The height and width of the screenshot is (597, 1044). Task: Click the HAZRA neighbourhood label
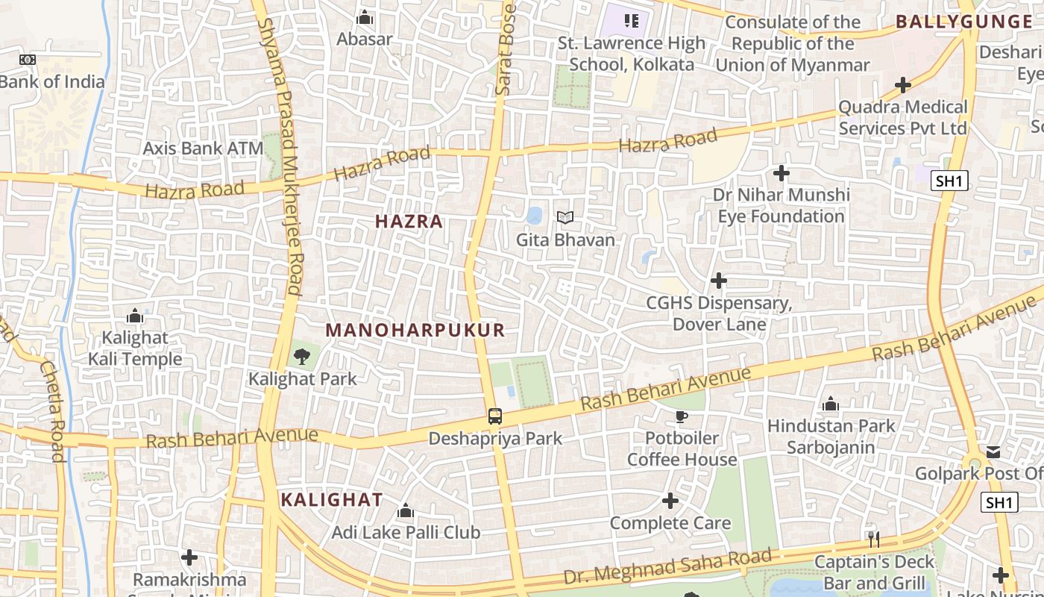click(x=409, y=222)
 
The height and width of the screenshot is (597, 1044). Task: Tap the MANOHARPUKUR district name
click(x=415, y=330)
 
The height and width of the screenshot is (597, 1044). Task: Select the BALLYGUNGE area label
click(x=963, y=22)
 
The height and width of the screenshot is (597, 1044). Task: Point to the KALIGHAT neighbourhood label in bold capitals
click(x=332, y=500)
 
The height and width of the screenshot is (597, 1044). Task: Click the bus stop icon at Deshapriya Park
click(x=495, y=416)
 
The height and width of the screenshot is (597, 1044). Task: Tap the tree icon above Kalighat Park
click(x=301, y=357)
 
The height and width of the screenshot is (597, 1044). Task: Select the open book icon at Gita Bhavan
click(x=565, y=218)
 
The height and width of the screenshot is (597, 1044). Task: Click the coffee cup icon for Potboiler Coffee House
click(x=681, y=416)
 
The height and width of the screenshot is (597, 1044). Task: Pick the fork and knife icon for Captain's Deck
click(x=874, y=539)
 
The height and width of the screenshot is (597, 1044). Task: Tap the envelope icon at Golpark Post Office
click(x=994, y=452)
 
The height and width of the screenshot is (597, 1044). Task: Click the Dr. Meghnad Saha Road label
click(x=667, y=567)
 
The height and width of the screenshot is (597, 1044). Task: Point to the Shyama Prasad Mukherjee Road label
click(x=281, y=157)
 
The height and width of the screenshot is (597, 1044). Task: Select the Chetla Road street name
click(x=52, y=410)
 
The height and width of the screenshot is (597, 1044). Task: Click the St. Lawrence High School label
click(x=631, y=54)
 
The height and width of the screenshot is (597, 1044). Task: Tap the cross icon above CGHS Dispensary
click(x=719, y=281)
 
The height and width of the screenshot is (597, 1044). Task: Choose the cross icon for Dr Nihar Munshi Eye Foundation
click(x=781, y=173)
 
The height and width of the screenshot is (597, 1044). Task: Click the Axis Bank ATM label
click(x=203, y=149)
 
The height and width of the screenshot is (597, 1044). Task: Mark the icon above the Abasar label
click(x=365, y=17)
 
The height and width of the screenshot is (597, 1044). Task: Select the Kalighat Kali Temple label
click(x=135, y=348)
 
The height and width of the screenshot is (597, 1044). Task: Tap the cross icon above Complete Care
click(x=670, y=500)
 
